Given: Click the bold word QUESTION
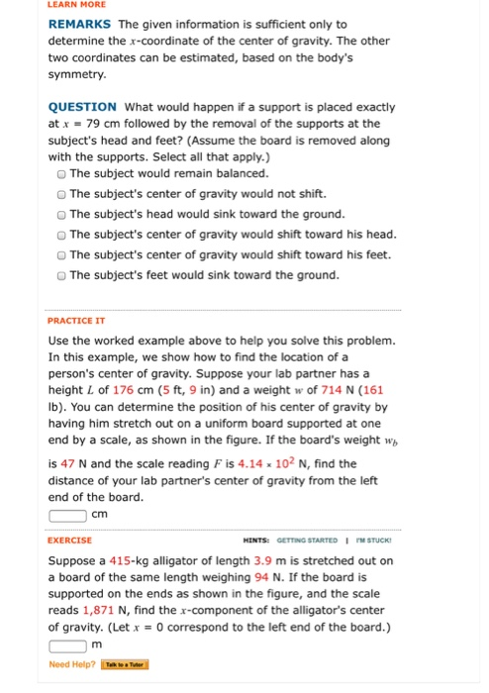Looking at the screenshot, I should (82, 107).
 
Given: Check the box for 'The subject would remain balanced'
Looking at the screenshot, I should (62, 172).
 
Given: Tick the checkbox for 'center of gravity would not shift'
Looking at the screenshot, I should (62, 193).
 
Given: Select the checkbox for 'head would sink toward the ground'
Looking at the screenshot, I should (62, 214).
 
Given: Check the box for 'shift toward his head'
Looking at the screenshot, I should (62, 234).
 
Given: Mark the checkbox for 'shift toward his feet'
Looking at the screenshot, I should (62, 254).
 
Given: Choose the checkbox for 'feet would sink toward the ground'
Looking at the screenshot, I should (62, 275).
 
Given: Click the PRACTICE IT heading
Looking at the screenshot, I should (75, 321).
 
